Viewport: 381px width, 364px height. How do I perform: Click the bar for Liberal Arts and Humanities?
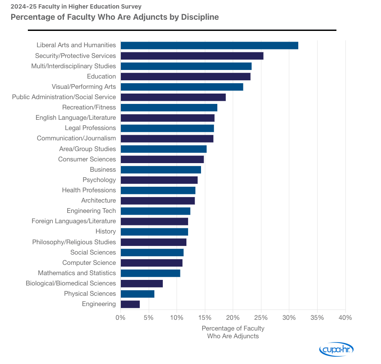[x=209, y=45]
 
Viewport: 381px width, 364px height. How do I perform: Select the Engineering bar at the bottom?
[x=130, y=304]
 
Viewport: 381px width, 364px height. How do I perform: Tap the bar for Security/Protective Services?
[x=192, y=56]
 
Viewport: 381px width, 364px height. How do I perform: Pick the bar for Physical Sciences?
[x=138, y=294]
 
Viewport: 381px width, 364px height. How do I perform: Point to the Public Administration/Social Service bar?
[x=173, y=97]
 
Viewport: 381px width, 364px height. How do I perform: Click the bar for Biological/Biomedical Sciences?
[x=142, y=284]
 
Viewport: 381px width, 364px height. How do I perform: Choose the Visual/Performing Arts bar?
[x=182, y=87]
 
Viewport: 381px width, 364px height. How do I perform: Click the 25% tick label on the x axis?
[x=261, y=318]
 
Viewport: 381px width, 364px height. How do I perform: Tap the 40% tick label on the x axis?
[x=345, y=318]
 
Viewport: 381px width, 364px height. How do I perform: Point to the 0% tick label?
[x=120, y=318]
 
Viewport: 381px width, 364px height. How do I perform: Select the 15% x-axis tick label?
[x=205, y=318]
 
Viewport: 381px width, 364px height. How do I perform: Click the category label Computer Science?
[x=89, y=263]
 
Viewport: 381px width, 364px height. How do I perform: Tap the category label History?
[x=106, y=232]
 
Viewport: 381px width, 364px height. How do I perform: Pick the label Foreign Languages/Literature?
[x=74, y=221]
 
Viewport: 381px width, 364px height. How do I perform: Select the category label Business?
[x=103, y=170]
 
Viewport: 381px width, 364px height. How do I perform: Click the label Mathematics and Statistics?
[x=77, y=273]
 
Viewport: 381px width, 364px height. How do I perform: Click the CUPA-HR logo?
[x=336, y=349]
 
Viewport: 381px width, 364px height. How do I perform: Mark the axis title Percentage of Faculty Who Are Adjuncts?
[x=233, y=332]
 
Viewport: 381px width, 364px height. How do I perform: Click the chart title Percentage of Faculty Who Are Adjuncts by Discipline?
[x=115, y=17]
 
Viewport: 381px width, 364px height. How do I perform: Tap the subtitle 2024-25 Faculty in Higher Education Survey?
[x=76, y=6]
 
